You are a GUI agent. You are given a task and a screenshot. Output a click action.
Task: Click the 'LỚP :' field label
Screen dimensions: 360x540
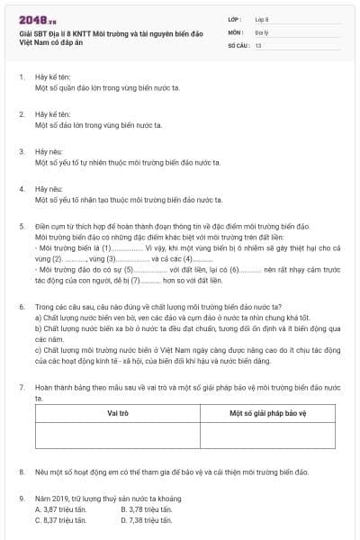235,19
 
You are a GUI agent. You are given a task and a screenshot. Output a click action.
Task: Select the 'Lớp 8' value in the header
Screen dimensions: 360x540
261,19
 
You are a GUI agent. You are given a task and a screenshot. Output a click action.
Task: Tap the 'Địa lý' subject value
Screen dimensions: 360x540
261,31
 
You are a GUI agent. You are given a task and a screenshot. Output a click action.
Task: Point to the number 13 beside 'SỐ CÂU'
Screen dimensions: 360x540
258,44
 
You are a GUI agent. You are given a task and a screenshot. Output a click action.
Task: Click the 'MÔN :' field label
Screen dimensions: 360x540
236,31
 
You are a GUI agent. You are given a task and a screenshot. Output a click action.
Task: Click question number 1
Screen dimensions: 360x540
22,77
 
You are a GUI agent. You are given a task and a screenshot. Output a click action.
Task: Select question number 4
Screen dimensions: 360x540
22,190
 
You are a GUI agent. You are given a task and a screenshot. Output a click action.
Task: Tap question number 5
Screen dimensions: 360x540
22,227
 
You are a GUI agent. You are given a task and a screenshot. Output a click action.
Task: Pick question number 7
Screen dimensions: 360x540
22,386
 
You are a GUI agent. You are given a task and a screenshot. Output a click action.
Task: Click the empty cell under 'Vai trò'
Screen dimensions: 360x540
118,436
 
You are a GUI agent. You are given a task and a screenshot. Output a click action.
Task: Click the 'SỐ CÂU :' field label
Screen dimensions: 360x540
238,44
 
